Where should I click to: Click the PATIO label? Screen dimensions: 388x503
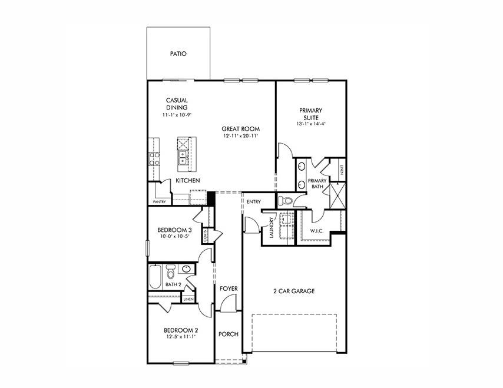178,54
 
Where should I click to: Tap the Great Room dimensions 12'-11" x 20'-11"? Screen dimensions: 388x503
240,136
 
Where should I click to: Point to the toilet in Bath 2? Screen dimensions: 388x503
171,273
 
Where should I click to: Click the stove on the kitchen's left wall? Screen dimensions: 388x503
154,157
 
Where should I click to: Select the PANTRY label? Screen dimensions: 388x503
159,202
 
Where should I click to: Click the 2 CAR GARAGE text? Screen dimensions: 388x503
293,291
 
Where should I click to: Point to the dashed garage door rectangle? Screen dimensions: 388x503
294,333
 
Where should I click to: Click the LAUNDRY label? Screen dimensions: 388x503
271,227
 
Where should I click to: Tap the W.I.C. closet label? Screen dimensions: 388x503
317,231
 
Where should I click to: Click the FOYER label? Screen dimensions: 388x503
229,288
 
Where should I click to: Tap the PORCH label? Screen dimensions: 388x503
228,334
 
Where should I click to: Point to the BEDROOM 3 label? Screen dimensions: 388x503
174,230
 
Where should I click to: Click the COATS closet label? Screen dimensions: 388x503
206,236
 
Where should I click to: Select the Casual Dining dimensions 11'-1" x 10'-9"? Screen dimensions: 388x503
177,115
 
